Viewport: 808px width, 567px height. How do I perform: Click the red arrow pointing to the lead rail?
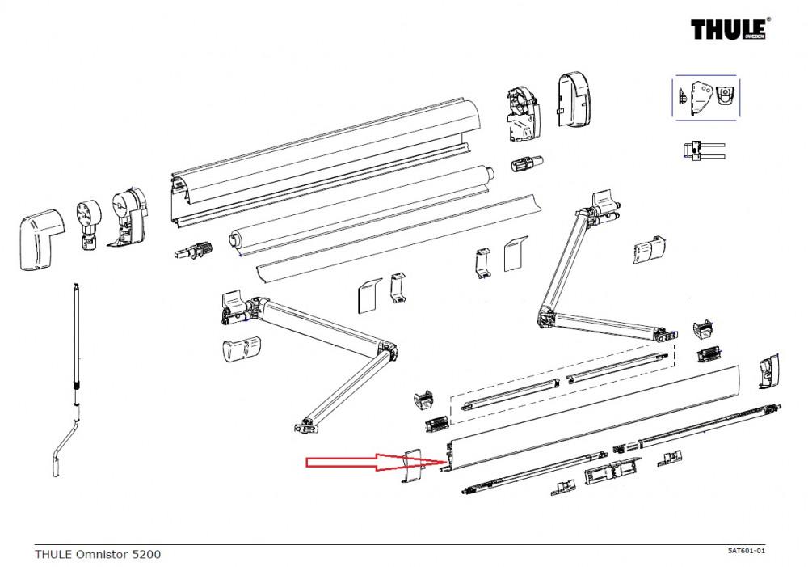coord(364,463)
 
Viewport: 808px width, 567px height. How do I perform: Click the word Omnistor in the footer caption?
coord(101,554)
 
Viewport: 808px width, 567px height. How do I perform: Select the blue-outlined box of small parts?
coord(706,97)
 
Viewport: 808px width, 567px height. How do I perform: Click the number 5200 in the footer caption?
coord(145,554)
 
